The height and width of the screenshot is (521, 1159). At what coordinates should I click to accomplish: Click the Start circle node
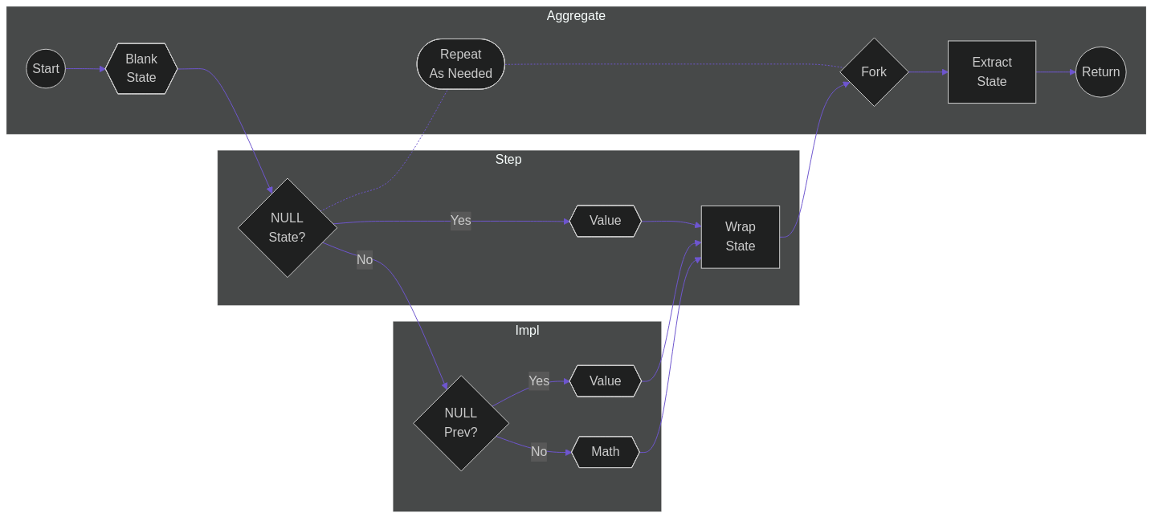click(x=46, y=69)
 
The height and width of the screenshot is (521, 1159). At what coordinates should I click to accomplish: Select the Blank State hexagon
click(x=141, y=69)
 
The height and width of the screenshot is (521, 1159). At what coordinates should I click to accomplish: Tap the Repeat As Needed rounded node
click(x=461, y=64)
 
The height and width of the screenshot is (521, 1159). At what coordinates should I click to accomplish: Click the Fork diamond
click(x=874, y=72)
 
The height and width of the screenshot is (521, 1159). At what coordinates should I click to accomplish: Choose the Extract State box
click(x=992, y=72)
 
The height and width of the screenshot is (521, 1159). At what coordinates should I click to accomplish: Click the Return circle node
click(x=1100, y=72)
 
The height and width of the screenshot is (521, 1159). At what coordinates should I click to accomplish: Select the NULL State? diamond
click(x=287, y=228)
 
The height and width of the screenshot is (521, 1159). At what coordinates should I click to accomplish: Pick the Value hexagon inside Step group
click(x=606, y=221)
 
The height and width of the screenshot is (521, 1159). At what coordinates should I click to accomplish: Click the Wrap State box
click(x=741, y=237)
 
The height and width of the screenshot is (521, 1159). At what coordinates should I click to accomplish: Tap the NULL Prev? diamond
click(x=461, y=423)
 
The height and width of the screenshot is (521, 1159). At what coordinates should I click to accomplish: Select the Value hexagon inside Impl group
click(x=606, y=381)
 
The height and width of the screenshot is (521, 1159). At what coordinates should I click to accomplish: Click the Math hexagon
click(x=606, y=452)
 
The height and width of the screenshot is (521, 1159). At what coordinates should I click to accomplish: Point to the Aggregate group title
click(x=576, y=16)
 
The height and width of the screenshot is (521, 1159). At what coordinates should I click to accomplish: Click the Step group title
click(x=508, y=160)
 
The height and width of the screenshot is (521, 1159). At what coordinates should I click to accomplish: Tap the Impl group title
click(x=527, y=331)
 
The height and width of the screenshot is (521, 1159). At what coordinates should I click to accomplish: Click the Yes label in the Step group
click(x=461, y=221)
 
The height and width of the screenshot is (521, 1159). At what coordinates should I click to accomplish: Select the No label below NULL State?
click(x=365, y=260)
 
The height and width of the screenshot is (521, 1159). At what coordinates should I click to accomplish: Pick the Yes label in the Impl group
click(x=539, y=381)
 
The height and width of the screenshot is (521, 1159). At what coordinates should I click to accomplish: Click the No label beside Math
click(x=539, y=452)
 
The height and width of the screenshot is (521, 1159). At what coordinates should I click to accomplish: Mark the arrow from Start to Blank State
click(x=85, y=69)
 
